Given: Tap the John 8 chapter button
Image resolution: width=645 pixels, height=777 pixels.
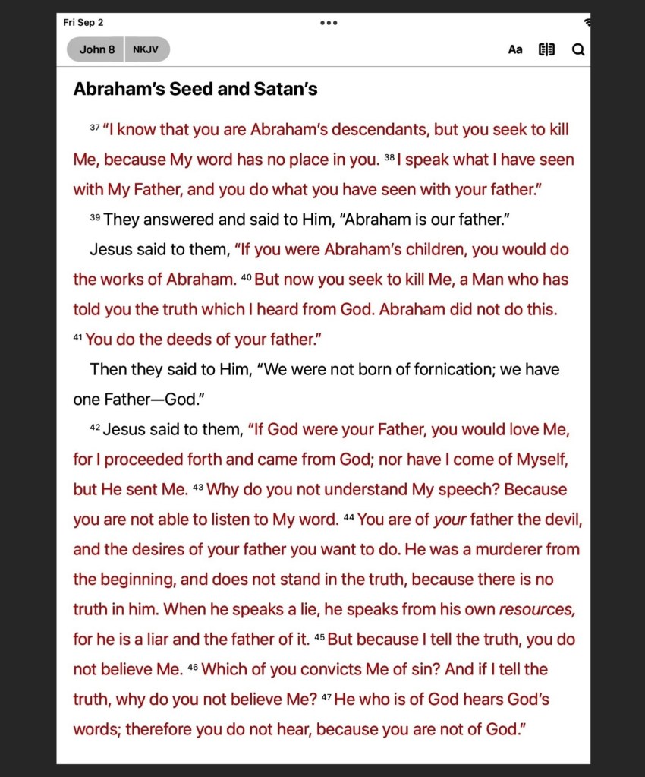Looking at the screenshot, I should [96, 49].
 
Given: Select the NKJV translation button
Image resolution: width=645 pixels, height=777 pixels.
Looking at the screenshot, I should [146, 49].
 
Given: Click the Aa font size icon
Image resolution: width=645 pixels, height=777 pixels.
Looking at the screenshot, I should [515, 49].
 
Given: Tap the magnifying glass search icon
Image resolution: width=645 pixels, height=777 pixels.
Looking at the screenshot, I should [578, 49].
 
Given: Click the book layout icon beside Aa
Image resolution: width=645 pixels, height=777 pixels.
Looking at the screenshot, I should [546, 49].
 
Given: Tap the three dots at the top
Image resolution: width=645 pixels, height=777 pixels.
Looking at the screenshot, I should [329, 23].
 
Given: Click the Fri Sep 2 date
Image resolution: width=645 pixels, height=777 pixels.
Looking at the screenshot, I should [83, 22].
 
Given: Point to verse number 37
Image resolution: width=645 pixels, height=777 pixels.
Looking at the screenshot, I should [95, 128].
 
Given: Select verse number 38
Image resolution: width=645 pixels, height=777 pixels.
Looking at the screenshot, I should [389, 157].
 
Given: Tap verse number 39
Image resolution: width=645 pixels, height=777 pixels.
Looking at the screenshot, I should [95, 217].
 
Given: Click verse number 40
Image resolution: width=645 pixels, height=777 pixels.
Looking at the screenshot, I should [246, 277].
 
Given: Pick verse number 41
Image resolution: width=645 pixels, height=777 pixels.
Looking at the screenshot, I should [78, 337].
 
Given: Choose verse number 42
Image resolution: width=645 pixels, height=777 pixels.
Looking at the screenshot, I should [95, 428].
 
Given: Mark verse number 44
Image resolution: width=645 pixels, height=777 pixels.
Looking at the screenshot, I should [349, 517].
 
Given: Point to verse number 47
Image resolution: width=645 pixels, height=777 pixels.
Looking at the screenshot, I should [326, 697].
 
